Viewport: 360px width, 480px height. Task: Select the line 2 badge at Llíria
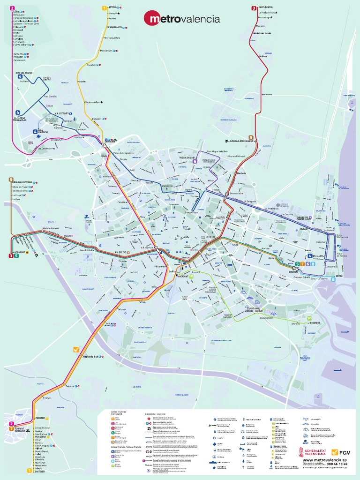pos(12,7)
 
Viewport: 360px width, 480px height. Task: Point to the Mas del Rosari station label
pos(24,73)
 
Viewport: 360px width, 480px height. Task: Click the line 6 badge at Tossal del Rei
pos(195,161)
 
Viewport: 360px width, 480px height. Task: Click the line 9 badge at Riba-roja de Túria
pos(10,180)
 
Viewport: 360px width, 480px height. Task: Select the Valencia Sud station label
pos(90,357)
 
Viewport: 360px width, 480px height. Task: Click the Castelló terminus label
pos(40,471)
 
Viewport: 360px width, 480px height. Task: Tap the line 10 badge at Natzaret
pos(309,318)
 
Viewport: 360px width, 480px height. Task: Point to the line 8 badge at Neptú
pos(333,279)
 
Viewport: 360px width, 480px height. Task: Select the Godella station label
pos(81,82)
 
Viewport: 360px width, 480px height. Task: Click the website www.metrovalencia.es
pos(324,460)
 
